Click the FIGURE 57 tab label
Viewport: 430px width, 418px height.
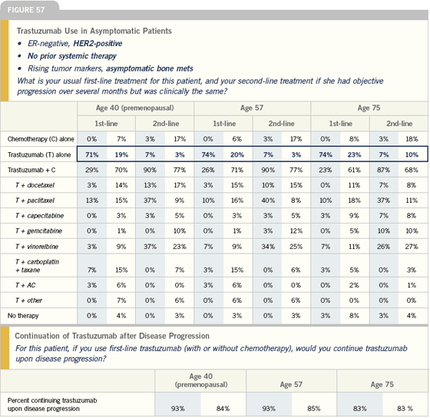tap(26, 10)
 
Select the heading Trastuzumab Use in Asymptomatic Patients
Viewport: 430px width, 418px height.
tap(94, 31)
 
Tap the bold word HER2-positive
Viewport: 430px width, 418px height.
tap(98, 43)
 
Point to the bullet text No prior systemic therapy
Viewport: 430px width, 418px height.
tap(72, 56)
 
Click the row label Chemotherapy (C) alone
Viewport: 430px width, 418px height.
tap(41, 139)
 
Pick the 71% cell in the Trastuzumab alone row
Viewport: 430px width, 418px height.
tap(92, 154)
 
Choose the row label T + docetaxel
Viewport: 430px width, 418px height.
tap(35, 185)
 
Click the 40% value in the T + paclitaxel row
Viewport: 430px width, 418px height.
tap(268, 201)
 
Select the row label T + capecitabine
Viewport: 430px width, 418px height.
tap(39, 216)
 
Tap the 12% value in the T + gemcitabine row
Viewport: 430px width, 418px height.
tap(296, 231)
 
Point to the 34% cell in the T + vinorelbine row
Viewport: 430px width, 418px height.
tap(268, 247)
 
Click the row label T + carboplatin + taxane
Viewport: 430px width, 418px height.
tap(38, 266)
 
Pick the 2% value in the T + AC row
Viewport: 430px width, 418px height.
tap(354, 285)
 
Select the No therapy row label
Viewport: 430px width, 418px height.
tap(23, 316)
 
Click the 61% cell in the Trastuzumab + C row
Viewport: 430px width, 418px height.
tap(354, 170)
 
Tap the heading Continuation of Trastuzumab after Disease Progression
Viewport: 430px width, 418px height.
tap(112, 336)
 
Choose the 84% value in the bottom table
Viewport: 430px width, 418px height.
tap(223, 408)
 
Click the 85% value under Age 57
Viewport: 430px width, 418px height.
tap(314, 408)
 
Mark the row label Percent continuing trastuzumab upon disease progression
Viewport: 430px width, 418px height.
tap(52, 404)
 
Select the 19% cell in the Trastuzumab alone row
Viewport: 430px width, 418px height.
tap(121, 154)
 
